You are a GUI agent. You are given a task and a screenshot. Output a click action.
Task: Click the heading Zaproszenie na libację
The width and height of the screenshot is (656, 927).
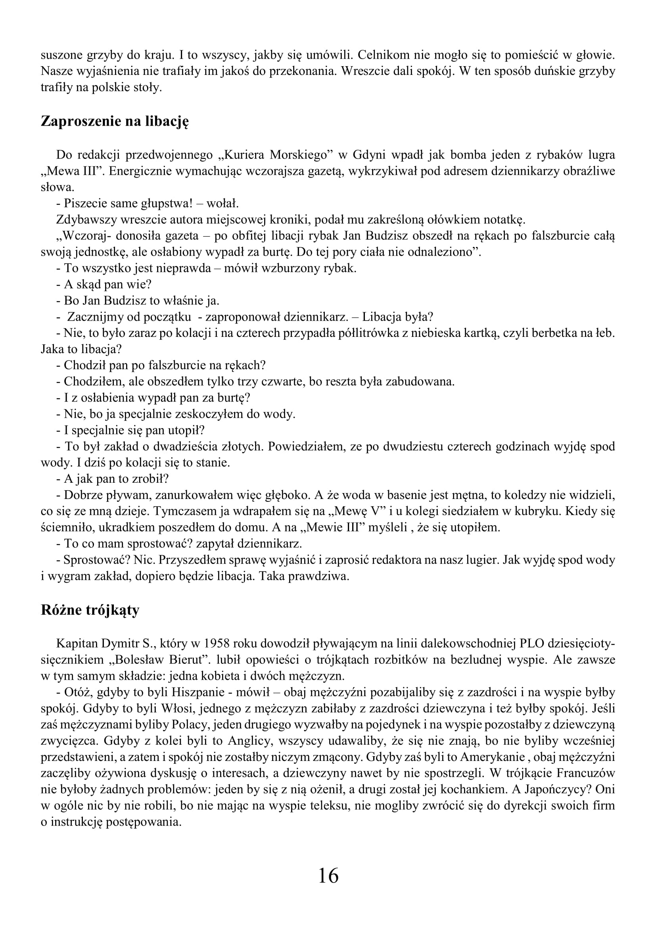point(115,121)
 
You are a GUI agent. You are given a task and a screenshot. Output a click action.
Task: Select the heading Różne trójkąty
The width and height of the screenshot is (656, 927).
point(90,610)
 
